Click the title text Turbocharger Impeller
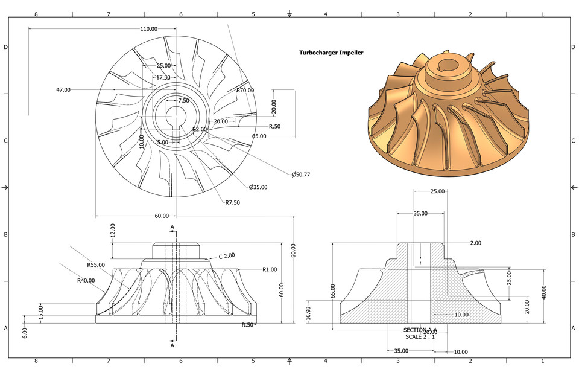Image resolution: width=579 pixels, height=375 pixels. [331, 53]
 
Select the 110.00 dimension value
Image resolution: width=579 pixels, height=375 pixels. [149, 29]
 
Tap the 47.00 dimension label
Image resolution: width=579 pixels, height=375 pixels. [63, 89]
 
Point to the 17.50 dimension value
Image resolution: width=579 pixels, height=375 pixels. [163, 77]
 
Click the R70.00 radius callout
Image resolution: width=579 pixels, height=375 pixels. [245, 90]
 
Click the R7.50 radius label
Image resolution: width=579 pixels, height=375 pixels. [233, 203]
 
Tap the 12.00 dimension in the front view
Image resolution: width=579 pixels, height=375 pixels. [112, 230]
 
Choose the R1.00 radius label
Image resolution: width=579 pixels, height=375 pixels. [270, 269]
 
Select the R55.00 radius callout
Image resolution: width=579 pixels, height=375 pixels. [95, 264]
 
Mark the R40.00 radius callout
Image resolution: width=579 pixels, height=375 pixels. [86, 280]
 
